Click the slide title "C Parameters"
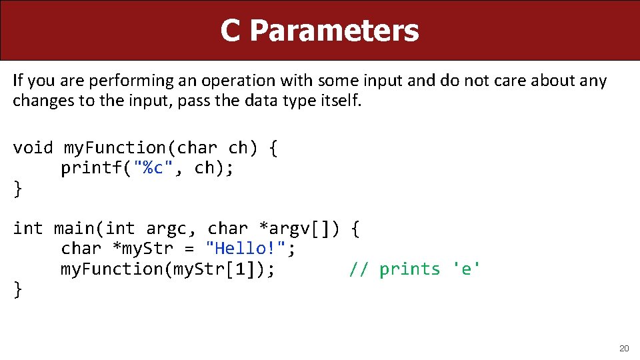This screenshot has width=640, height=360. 319,31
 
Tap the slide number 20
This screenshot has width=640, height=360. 624,348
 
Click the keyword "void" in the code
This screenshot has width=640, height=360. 33,147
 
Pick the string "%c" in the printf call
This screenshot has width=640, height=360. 155,168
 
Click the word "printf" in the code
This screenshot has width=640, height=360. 91,168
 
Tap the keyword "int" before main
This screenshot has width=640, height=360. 27,229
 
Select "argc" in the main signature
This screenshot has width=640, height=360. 164,229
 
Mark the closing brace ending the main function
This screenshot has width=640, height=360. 18,289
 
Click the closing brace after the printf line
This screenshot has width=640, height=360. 18,188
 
